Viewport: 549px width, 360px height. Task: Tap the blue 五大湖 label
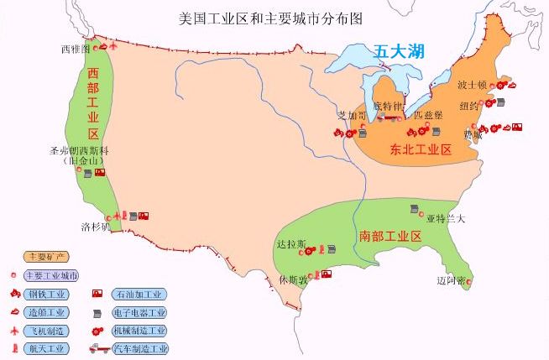pos(399,52)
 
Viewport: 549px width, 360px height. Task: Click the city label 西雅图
pos(75,50)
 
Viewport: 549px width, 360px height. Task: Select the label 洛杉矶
pos(95,227)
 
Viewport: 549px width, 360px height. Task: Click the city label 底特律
pos(388,107)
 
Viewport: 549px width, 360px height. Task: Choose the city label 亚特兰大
pos(444,219)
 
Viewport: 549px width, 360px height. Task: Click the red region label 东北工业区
pos(421,150)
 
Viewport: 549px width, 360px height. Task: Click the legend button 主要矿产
pos(45,256)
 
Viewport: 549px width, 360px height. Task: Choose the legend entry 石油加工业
pos(138,294)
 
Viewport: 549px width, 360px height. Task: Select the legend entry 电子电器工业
pos(139,312)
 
